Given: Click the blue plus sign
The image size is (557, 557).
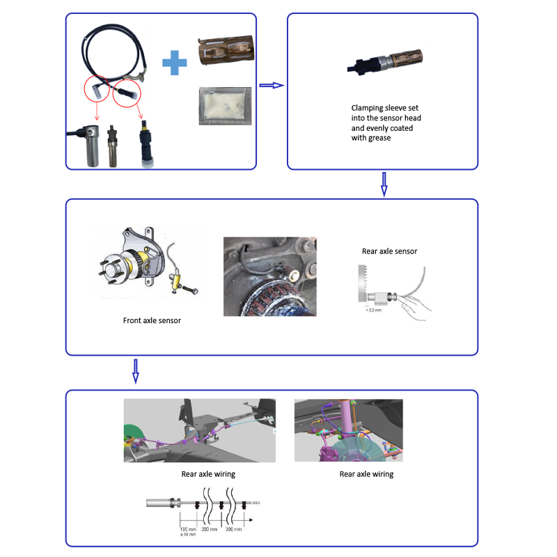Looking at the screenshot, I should pyautogui.click(x=175, y=65).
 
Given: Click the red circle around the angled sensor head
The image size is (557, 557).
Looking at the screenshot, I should pyautogui.click(x=97, y=89).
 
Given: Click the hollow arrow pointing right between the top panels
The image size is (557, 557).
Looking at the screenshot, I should pyautogui.click(x=272, y=85).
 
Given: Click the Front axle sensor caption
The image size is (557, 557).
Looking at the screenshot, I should pyautogui.click(x=148, y=321).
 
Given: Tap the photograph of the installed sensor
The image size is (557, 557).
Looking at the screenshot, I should pyautogui.click(x=269, y=276).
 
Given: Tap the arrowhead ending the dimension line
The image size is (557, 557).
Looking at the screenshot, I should pyautogui.click(x=249, y=519).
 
